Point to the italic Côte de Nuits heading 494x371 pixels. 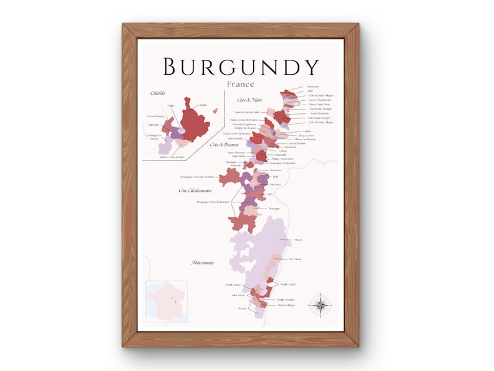click(248, 100)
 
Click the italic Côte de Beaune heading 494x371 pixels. click(225, 144)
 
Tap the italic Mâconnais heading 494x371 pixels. click(203, 263)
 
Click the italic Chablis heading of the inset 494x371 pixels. click(158, 93)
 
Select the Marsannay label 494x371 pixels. click(312, 87)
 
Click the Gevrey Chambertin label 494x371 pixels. click(319, 100)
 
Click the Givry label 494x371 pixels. click(270, 194)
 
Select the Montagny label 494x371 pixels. click(274, 208)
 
